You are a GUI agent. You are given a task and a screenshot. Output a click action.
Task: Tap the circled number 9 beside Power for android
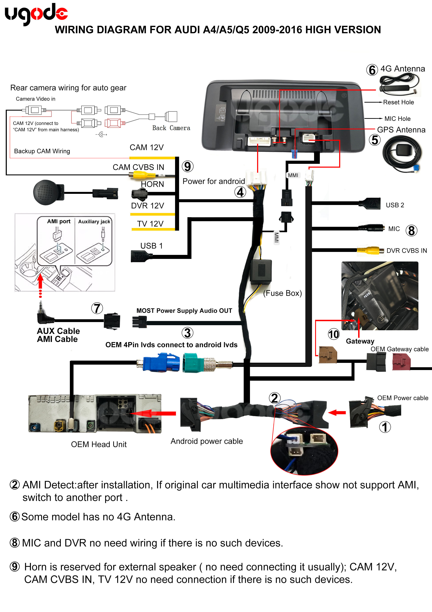[187, 167]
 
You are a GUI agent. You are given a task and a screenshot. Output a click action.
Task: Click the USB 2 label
[395, 205]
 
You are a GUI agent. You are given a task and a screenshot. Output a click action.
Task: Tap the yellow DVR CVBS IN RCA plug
[370, 250]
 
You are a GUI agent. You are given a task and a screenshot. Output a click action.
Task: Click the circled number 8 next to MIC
[411, 231]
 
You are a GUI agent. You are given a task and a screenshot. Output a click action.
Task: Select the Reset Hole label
[398, 102]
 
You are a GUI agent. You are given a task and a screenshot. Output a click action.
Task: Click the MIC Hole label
[397, 119]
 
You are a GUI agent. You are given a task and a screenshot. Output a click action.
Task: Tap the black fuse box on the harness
[261, 272]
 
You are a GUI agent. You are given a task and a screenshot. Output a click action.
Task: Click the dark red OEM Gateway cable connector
[401, 362]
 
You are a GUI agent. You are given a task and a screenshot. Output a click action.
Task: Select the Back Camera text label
[171, 128]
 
